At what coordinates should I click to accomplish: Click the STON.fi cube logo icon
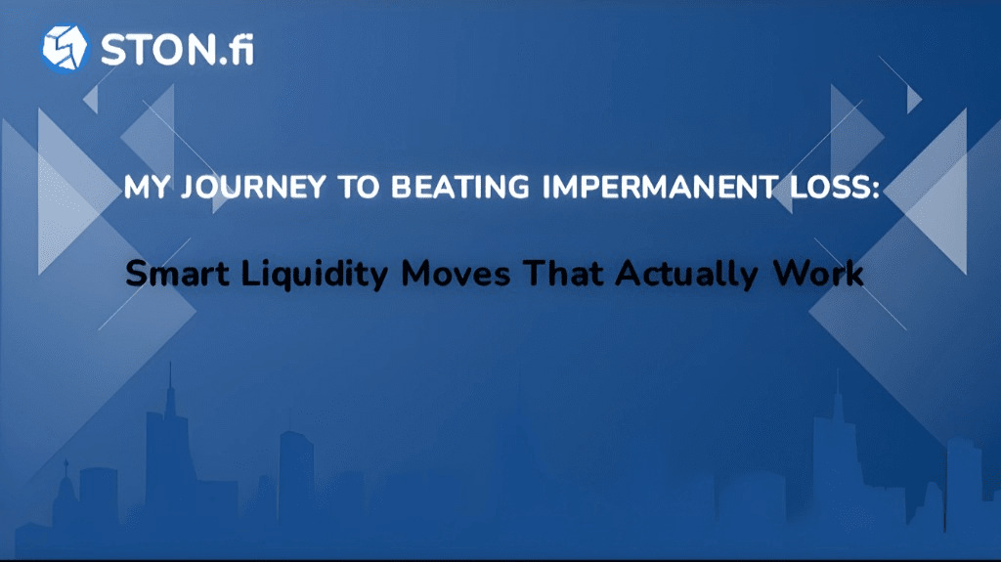click(65, 49)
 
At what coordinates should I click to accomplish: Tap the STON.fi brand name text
click(178, 49)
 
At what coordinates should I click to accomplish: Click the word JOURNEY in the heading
click(253, 187)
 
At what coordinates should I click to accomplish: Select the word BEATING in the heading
click(459, 187)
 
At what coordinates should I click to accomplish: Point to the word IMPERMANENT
click(660, 187)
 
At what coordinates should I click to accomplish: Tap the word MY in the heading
click(147, 187)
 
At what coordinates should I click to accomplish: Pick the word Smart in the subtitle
click(177, 274)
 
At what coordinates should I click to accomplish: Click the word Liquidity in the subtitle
click(315, 276)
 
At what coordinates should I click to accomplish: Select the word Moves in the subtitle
click(456, 274)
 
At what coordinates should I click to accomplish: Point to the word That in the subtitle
click(563, 273)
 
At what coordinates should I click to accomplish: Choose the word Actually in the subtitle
click(687, 276)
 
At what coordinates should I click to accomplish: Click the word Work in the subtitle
click(818, 274)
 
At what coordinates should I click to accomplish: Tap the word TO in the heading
click(358, 187)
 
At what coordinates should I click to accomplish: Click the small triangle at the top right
click(913, 101)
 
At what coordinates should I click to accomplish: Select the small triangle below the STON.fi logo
click(92, 99)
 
